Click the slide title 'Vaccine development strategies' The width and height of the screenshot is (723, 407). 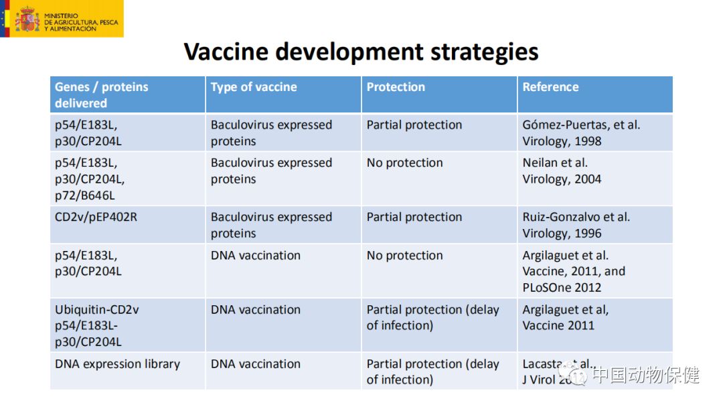[x=361, y=52]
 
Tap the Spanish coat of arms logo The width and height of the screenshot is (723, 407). [x=27, y=19]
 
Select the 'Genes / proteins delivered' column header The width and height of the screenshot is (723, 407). [x=102, y=95]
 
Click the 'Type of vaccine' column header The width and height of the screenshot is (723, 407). [x=254, y=87]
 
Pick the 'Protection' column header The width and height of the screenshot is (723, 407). [x=396, y=87]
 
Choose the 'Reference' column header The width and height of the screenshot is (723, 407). [x=550, y=87]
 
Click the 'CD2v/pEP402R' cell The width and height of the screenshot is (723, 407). [x=96, y=217]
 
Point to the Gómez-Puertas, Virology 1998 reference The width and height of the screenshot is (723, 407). [x=580, y=133]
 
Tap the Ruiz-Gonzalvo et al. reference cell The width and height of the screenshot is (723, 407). [x=576, y=225]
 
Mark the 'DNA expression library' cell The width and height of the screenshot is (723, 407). [x=117, y=364]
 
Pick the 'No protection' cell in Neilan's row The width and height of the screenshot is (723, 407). [x=404, y=163]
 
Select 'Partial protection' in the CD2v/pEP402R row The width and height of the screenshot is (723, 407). [x=414, y=217]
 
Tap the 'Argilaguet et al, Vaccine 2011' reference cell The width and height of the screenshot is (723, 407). [x=565, y=317]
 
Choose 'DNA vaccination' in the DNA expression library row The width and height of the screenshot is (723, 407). [x=255, y=364]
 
